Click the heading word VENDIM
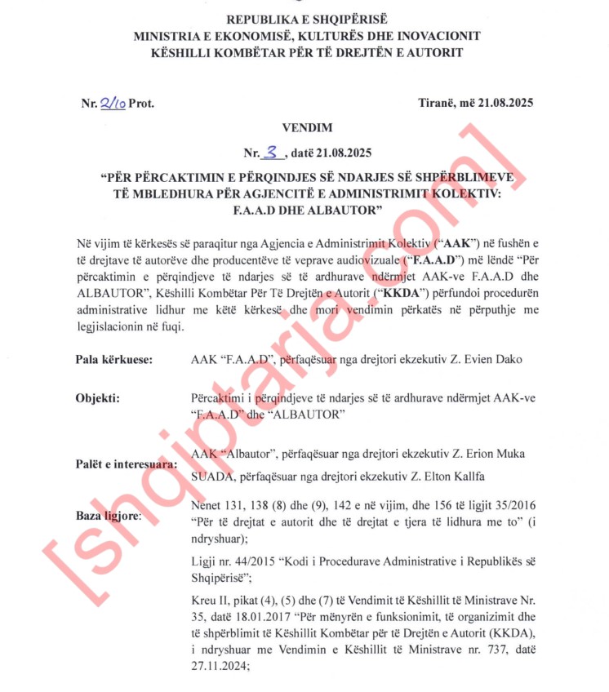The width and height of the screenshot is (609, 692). point(308,128)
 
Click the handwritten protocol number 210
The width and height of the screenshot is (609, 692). point(112,103)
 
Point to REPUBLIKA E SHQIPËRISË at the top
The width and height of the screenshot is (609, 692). point(308,19)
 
